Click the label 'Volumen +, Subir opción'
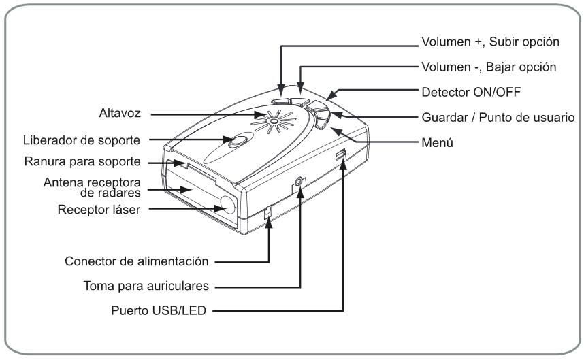tap(487, 42)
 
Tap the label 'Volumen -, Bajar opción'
tap(487, 67)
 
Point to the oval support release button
tap(238, 142)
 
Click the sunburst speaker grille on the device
tap(272, 122)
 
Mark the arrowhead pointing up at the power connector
tap(269, 220)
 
